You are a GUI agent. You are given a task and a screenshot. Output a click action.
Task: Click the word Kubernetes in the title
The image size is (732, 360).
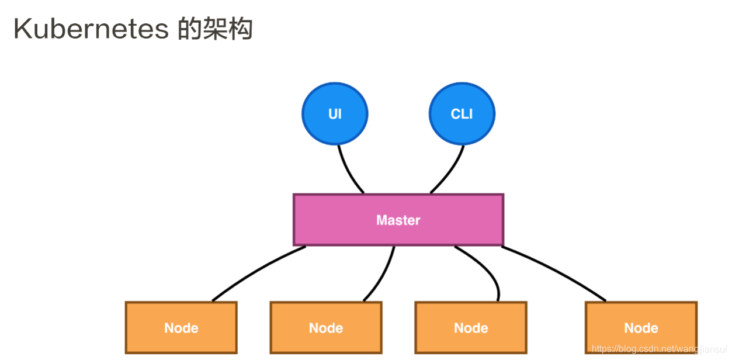[x=91, y=29]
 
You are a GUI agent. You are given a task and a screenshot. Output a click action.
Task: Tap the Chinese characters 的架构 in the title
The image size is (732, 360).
[x=215, y=29]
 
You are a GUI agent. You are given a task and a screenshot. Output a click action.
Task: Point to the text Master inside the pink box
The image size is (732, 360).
[x=398, y=220]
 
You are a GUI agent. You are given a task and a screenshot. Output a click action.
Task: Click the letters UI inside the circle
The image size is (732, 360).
[x=335, y=114]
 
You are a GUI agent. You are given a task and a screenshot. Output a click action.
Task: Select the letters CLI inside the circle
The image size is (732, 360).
[x=462, y=114]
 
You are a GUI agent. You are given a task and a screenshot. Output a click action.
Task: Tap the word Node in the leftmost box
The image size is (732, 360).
[x=181, y=328]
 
